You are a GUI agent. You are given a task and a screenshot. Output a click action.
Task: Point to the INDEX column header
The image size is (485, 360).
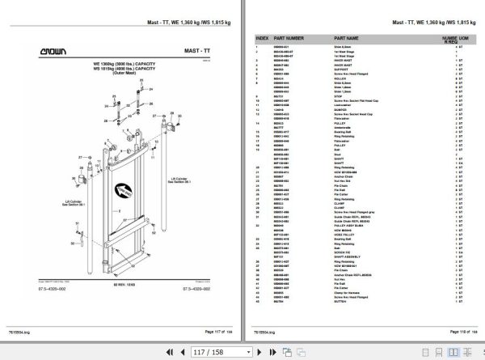pos(261,37)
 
